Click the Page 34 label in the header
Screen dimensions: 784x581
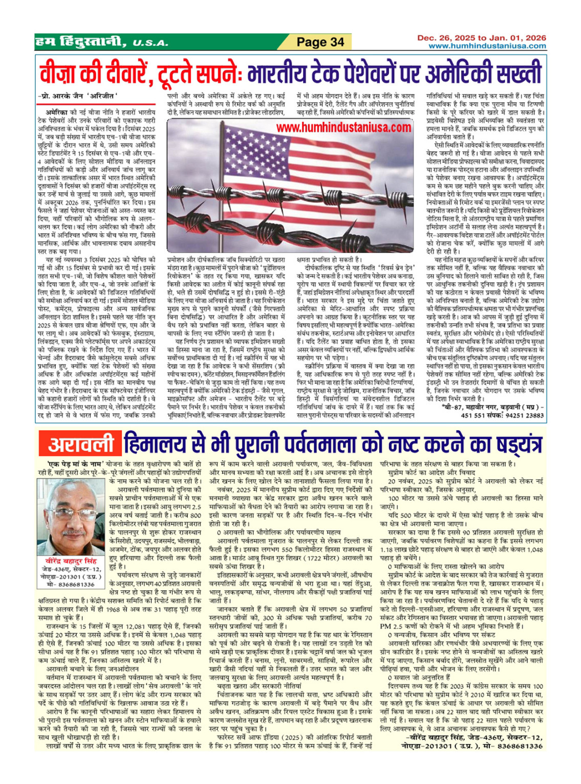pyautogui.click(x=320, y=42)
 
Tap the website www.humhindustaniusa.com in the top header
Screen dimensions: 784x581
pyautogui.click(x=487, y=46)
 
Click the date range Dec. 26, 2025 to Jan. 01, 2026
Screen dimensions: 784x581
pyautogui.click(x=481, y=38)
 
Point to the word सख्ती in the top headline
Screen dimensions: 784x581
pyautogui.click(x=513, y=73)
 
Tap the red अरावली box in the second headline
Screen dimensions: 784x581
pyautogui.click(x=80, y=444)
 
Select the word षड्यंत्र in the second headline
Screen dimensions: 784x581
pyautogui.click(x=510, y=444)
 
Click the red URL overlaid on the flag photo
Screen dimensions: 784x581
pyautogui.click(x=343, y=127)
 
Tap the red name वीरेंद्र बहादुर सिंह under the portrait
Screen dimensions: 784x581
pyautogui.click(x=71, y=561)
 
